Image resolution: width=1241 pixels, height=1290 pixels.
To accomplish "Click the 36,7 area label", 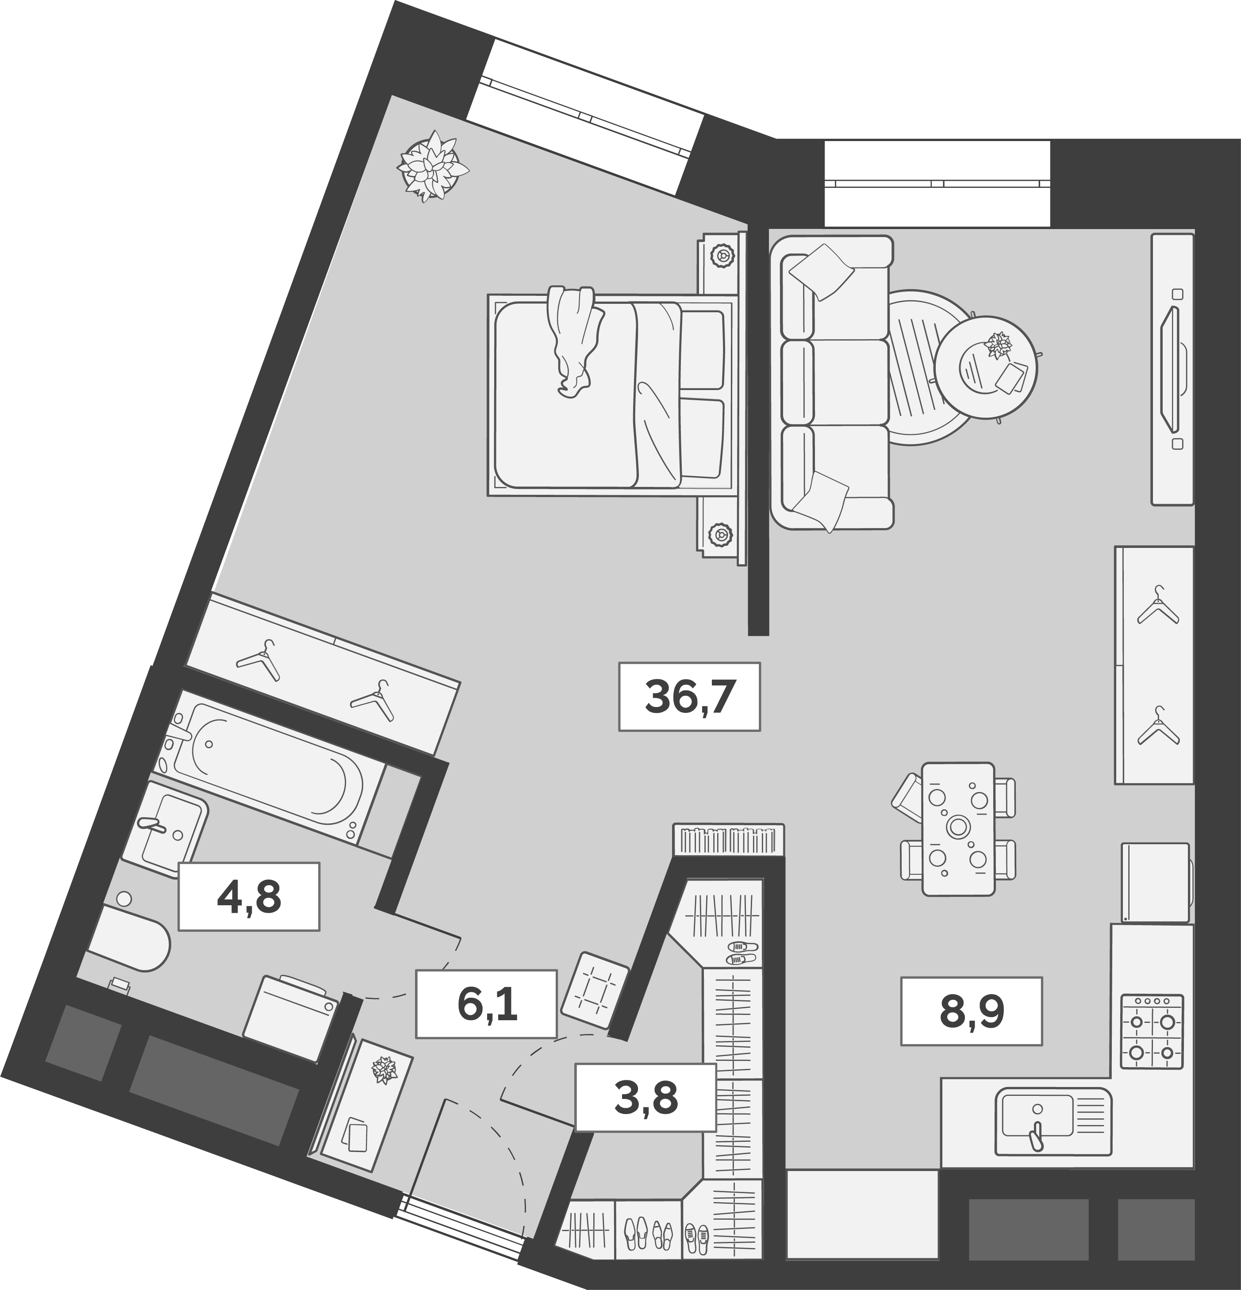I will point(689,697).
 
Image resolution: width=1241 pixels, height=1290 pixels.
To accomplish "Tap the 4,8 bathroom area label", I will point(249,896).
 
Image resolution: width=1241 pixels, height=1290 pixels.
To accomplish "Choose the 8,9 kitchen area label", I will point(971,1011).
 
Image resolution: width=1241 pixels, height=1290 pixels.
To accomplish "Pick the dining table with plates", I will point(958,829).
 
